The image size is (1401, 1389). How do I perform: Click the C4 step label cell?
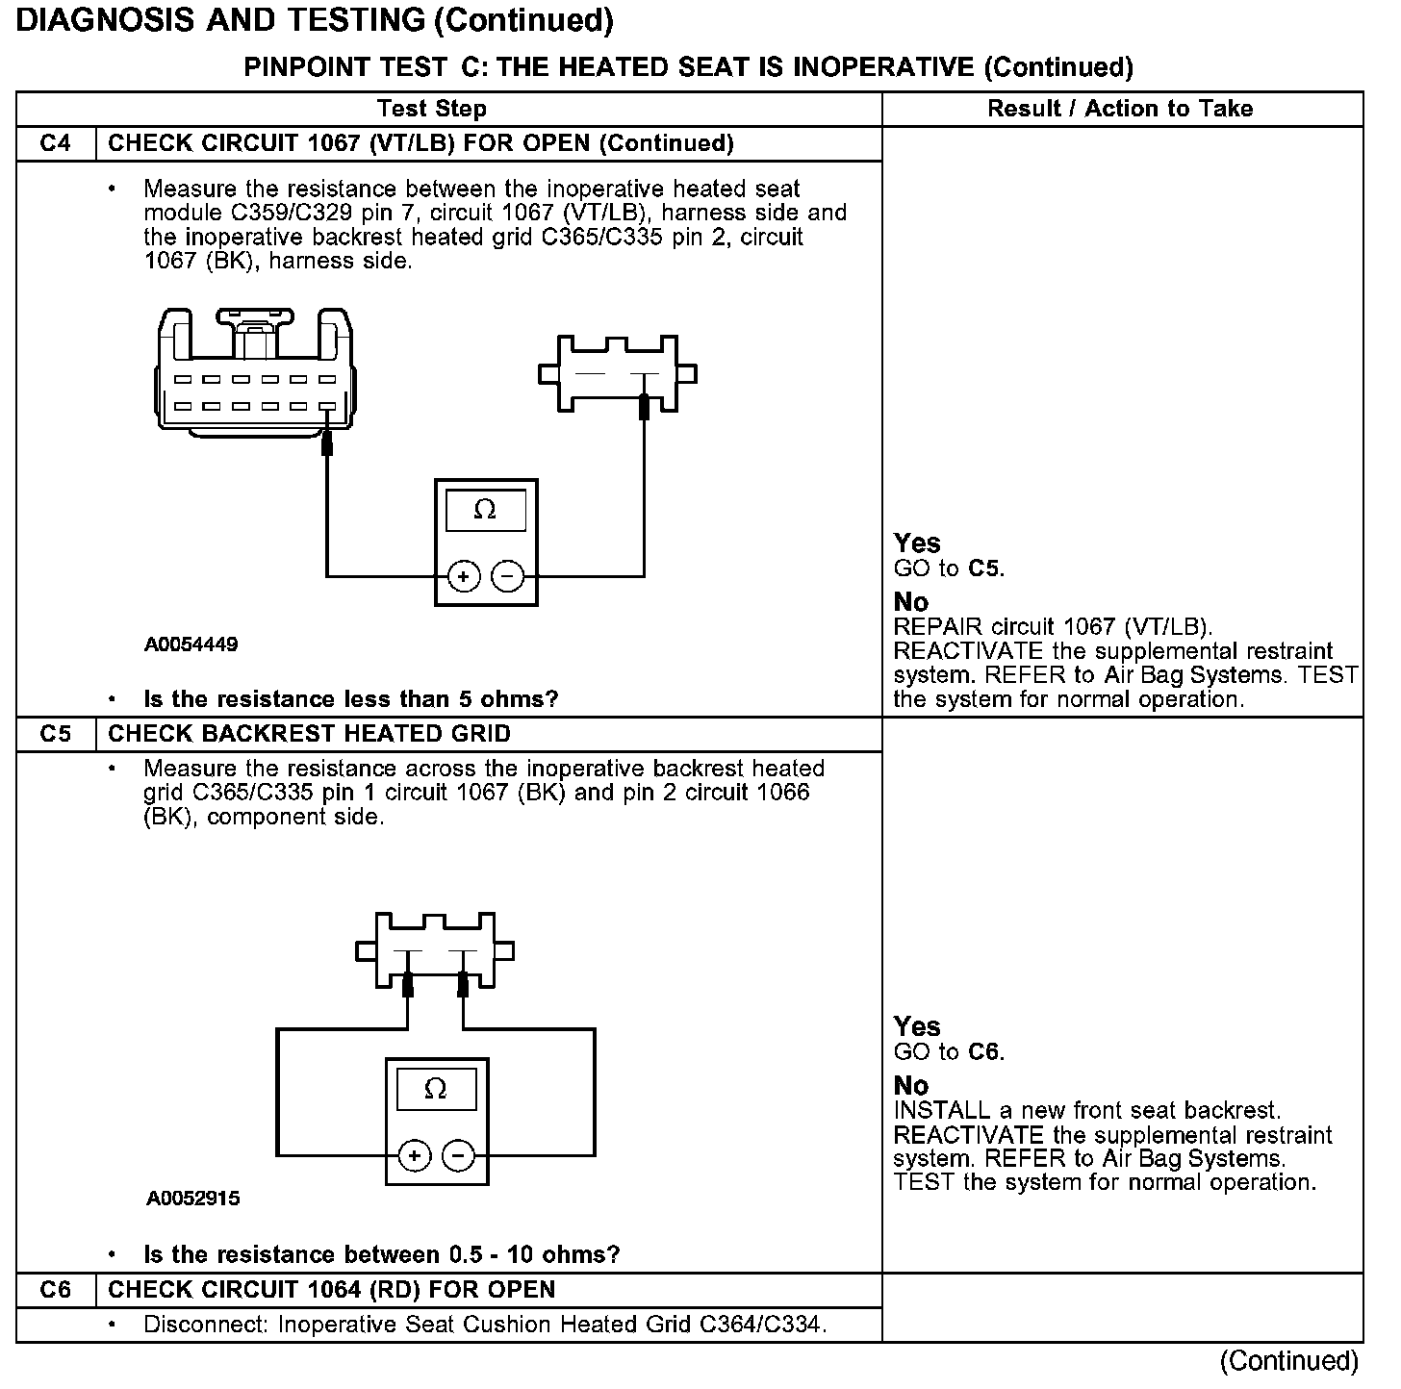pos(56,144)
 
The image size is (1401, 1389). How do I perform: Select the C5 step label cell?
pos(56,735)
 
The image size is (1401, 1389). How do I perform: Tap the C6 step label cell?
pos(56,1291)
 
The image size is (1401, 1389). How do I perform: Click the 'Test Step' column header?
pos(432,109)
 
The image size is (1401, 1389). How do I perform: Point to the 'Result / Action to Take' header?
pos(1120,109)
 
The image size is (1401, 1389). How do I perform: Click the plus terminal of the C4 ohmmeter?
pos(464,576)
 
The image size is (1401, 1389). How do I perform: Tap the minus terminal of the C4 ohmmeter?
pos(508,576)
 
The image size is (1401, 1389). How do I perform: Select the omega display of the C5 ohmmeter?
pos(436,1089)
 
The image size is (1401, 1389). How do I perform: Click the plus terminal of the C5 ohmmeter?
pos(414,1155)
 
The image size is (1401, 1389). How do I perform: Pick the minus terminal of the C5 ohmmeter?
pos(458,1155)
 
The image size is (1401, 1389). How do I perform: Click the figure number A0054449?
pos(191,644)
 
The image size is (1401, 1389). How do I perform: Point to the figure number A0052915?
pos(193,1199)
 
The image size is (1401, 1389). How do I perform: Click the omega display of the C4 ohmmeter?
pos(486,510)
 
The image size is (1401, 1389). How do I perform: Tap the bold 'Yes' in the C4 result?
pos(917,543)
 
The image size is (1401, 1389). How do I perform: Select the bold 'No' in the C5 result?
pos(910,1086)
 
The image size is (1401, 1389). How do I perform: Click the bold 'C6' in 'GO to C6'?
pos(984,1052)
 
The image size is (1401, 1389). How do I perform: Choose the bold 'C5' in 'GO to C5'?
pos(984,569)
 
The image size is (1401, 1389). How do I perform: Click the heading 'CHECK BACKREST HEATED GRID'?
pos(309,735)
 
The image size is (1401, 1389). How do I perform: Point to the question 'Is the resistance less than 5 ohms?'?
pos(350,699)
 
